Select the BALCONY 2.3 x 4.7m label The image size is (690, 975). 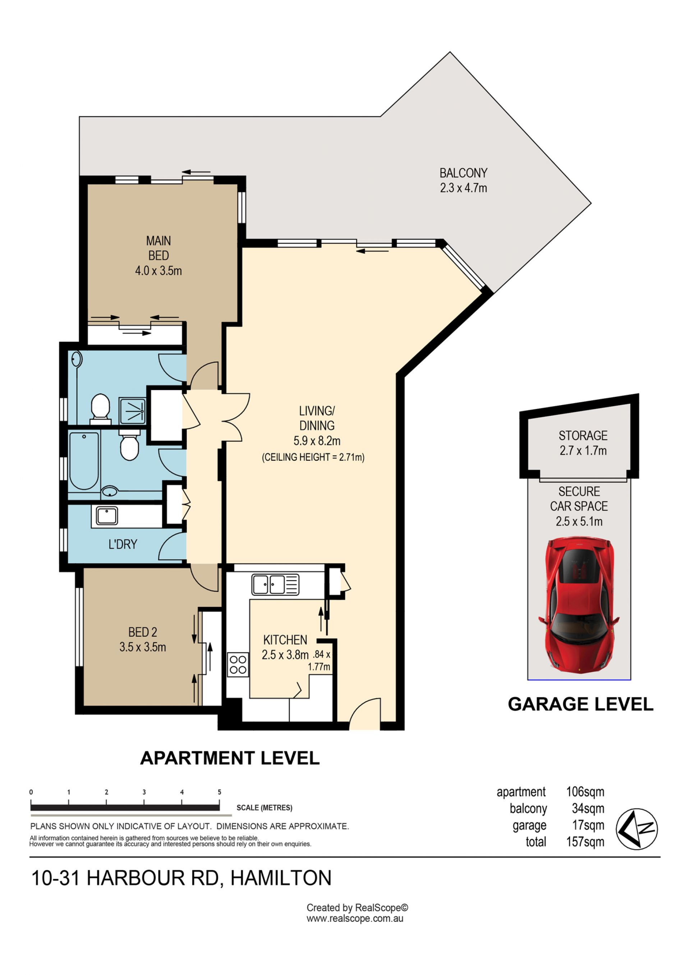tap(463, 181)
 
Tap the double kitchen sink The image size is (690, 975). tap(275, 584)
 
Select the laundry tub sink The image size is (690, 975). tap(106, 516)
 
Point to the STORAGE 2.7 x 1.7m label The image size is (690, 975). tap(583, 443)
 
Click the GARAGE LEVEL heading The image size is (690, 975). tap(580, 705)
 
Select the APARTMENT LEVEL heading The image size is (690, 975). tap(230, 758)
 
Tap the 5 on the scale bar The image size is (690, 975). tap(219, 792)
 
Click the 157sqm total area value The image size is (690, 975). tap(585, 842)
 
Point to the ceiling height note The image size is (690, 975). tap(313, 458)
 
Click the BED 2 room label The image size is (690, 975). tap(143, 640)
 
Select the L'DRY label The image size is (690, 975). tap(123, 544)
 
